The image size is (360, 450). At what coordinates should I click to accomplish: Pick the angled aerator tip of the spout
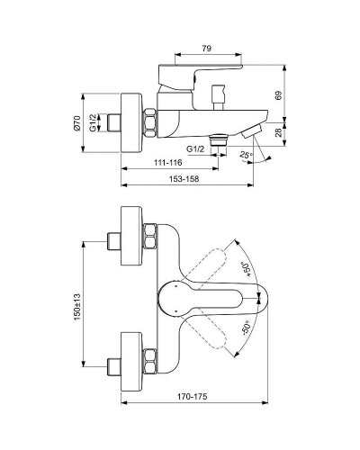tap(249, 131)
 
